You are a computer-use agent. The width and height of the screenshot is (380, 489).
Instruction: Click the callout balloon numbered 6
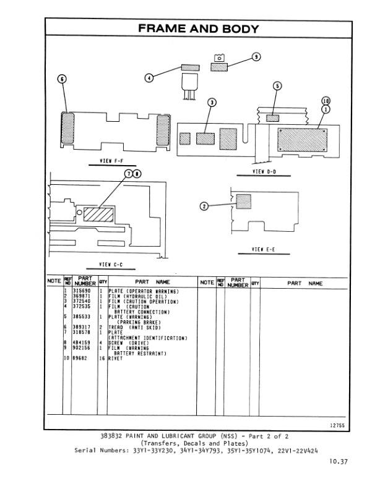tap(61, 79)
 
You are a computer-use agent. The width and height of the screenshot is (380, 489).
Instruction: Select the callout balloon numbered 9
tap(256, 57)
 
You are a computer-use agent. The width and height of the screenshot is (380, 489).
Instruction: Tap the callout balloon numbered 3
tap(212, 102)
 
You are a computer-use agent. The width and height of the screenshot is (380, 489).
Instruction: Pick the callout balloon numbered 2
tap(205, 206)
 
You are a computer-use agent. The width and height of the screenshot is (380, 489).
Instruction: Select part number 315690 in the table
tap(82, 290)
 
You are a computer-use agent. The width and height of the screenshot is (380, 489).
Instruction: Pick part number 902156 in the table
tap(82, 347)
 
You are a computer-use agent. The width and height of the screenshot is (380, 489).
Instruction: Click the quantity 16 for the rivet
tap(101, 358)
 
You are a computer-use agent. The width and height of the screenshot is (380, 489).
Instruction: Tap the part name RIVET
tap(117, 358)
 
